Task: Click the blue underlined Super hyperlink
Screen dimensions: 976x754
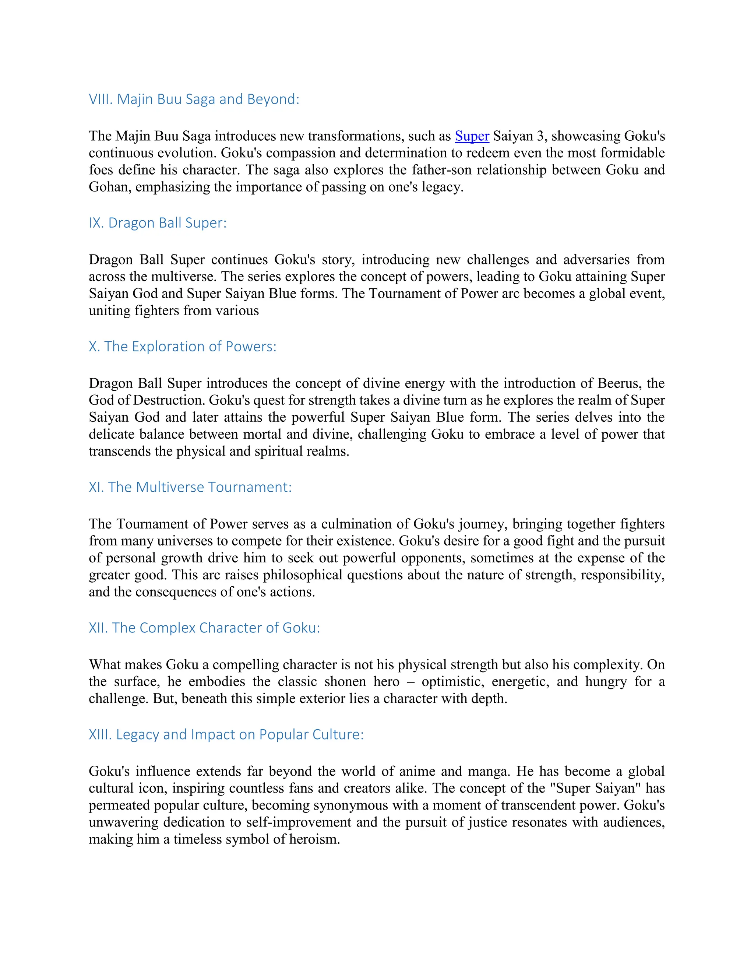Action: tap(472, 136)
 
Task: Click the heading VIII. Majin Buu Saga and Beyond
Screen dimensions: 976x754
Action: tap(194, 99)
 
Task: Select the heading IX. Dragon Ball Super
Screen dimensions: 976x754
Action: tap(158, 222)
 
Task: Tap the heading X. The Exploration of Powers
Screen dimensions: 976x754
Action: tap(182, 346)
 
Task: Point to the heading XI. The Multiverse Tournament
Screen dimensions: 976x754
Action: tap(190, 487)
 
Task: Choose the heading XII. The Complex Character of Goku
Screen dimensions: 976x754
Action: tap(204, 628)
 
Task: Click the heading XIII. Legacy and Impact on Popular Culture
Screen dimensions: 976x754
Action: tap(226, 735)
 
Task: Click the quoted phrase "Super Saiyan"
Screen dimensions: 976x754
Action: tap(595, 788)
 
